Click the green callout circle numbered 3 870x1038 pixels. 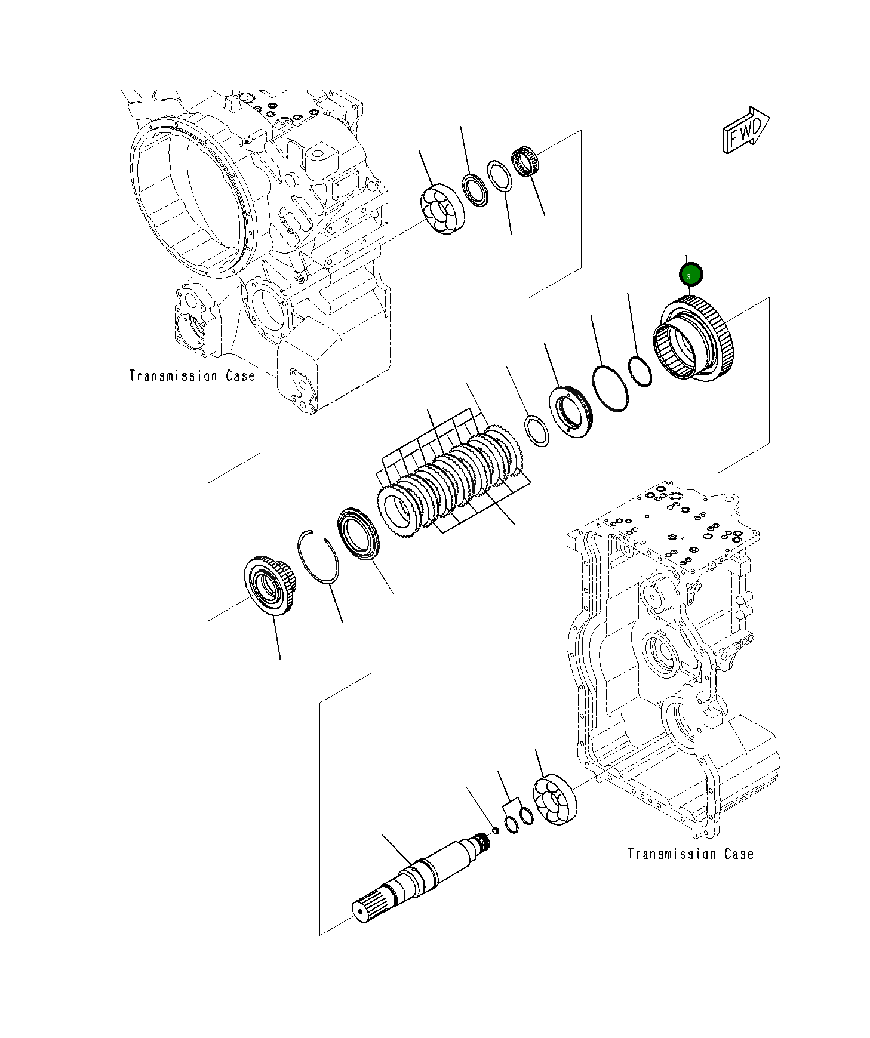691,275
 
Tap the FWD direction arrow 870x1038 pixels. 745,131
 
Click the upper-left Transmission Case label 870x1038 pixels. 192,376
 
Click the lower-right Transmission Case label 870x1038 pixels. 690,854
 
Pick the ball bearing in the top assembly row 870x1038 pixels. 442,209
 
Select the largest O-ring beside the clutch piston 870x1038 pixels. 610,388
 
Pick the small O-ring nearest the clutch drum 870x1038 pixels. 639,371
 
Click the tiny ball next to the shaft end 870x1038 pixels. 495,830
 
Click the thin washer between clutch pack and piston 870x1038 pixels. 537,432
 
